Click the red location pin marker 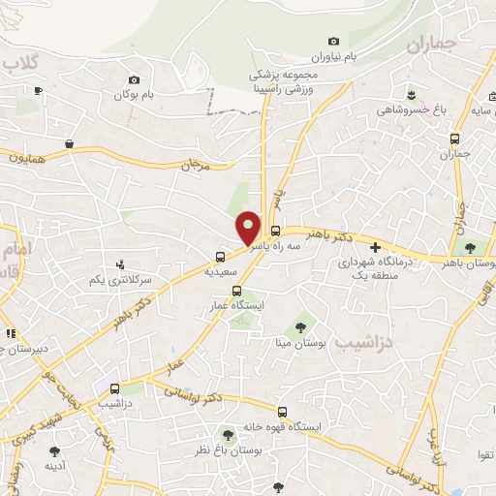pos(249,227)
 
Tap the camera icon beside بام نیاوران pos(334,41)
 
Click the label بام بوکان pos(134,96)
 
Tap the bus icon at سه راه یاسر pos(276,231)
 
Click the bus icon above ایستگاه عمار pos(235,290)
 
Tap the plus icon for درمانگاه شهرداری pos(375,247)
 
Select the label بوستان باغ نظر pos(230,451)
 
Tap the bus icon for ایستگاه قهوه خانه pos(282,411)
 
